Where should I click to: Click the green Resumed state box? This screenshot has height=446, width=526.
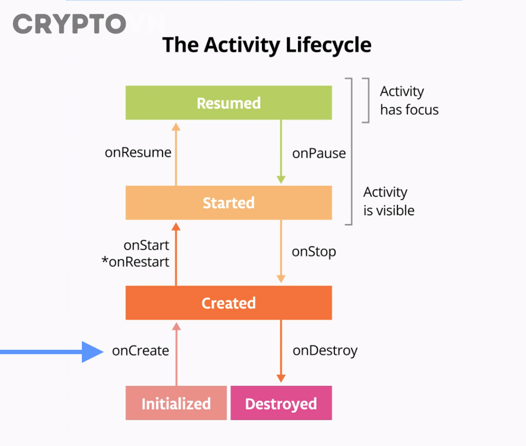pyautogui.click(x=229, y=103)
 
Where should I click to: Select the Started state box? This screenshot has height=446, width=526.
pyautogui.click(x=229, y=203)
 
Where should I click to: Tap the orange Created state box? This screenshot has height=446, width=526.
pyautogui.click(x=229, y=303)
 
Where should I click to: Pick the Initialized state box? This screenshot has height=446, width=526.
pyautogui.click(x=176, y=403)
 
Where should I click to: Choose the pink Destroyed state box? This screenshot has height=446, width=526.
pyautogui.click(x=281, y=403)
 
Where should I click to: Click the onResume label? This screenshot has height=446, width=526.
pyautogui.click(x=138, y=153)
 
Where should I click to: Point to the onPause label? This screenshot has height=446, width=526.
pyautogui.click(x=319, y=154)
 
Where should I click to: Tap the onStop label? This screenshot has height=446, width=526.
pyautogui.click(x=314, y=252)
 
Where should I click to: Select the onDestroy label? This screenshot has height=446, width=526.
pyautogui.click(x=325, y=351)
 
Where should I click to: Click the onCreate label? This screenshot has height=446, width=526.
pyautogui.click(x=140, y=351)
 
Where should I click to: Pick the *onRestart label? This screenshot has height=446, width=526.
pyautogui.click(x=135, y=262)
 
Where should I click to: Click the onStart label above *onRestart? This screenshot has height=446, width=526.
pyautogui.click(x=146, y=246)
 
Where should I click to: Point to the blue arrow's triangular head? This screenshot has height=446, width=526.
pyautogui.click(x=92, y=352)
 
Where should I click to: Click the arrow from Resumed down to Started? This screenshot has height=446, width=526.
pyautogui.click(x=281, y=152)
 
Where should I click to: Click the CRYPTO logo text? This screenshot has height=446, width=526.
pyautogui.click(x=69, y=25)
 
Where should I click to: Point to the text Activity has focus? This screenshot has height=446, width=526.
pyautogui.click(x=409, y=100)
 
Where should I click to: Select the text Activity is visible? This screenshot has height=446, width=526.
pyautogui.click(x=389, y=201)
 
